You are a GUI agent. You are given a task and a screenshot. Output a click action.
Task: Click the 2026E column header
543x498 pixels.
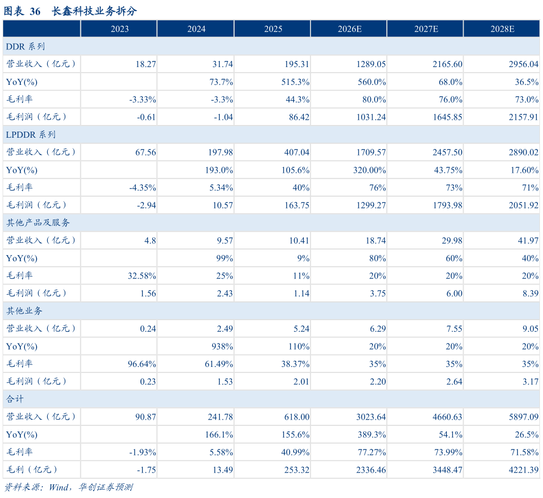pos(350,28)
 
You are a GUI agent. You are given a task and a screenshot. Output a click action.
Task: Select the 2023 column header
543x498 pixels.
pos(120,28)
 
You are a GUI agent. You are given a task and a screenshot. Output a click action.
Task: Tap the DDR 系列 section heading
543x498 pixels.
pos(25,46)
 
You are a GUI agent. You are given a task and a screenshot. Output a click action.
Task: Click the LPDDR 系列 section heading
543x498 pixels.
pos(31,135)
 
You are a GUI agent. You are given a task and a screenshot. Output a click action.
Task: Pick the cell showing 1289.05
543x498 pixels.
pos(371,65)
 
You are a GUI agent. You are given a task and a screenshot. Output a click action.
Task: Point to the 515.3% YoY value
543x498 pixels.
pos(295,82)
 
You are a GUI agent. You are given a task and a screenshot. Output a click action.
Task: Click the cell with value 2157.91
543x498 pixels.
pos(524,117)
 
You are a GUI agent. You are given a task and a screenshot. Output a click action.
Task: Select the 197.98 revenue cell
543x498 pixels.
pos(220,152)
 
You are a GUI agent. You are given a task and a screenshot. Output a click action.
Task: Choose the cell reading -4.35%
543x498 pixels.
pos(142,188)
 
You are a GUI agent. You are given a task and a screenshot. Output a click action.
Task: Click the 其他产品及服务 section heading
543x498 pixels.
pos(38,223)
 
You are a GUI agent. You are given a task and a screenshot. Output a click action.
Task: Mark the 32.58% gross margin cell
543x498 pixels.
pos(142,276)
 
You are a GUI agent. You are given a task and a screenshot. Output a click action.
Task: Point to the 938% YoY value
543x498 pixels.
pos(222,347)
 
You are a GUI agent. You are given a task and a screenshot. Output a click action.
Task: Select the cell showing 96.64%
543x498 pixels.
pos(142,364)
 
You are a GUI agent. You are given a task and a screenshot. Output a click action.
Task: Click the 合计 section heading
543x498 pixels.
pos(15,399)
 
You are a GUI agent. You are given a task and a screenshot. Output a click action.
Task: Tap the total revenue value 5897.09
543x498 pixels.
pos(524,417)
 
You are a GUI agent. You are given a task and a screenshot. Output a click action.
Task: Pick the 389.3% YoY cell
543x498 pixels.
pos(371,434)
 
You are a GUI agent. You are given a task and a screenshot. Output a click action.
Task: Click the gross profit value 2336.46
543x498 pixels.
pos(371,470)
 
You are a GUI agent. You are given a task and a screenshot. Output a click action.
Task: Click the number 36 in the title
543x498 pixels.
pos(35,11)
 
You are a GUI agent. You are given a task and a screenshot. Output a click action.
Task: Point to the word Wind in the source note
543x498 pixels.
pos(59,487)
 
